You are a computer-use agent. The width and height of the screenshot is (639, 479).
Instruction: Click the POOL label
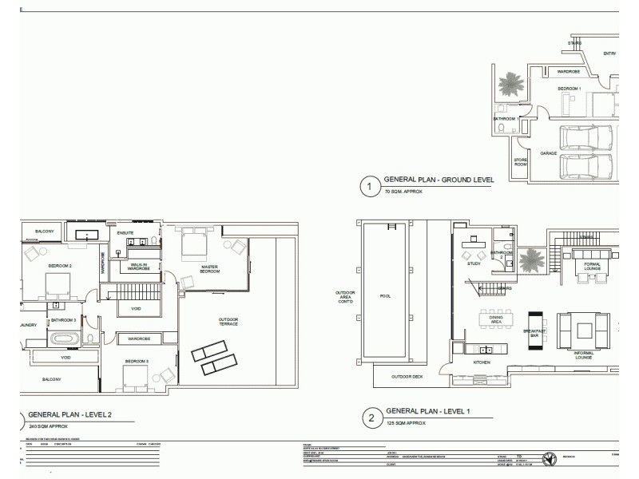[x=385, y=296]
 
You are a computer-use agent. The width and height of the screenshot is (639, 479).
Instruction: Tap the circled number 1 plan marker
[x=369, y=188]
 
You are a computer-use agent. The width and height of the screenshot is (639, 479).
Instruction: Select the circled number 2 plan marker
[x=369, y=416]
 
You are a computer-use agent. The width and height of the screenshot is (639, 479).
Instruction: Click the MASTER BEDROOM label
[x=209, y=269]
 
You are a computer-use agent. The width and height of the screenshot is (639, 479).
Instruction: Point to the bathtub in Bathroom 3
[x=65, y=338]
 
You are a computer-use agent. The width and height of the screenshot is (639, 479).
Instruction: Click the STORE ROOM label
[x=520, y=162]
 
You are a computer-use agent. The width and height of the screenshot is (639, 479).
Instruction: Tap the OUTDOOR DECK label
[x=406, y=377]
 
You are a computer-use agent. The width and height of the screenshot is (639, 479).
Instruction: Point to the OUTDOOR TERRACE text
[x=228, y=322]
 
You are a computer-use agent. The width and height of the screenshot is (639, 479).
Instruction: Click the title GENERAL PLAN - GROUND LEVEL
[x=439, y=181]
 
